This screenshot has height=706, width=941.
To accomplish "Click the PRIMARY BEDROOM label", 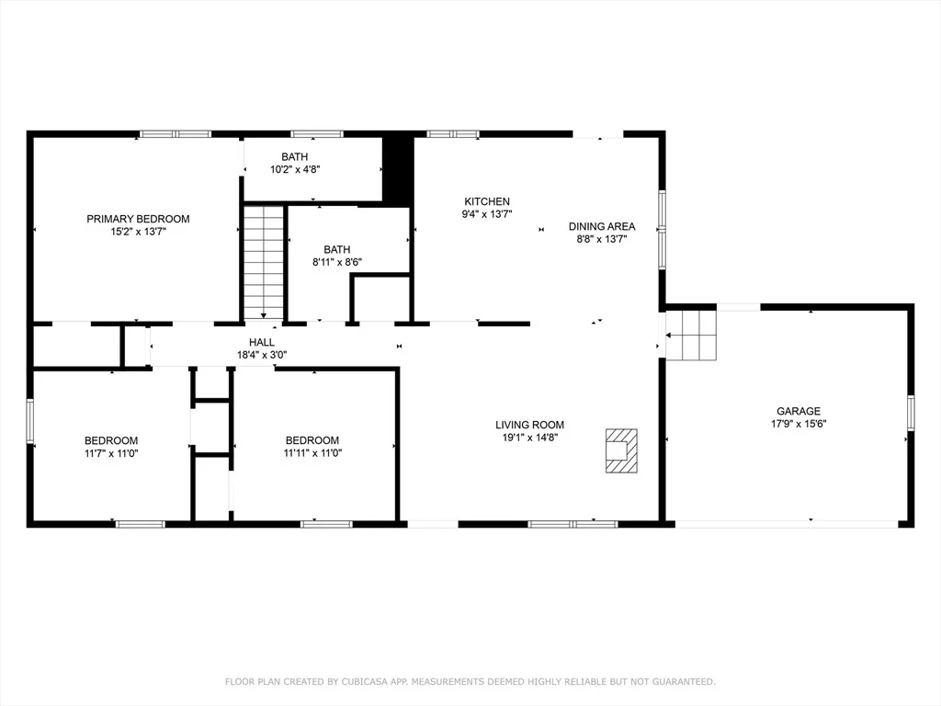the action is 138,219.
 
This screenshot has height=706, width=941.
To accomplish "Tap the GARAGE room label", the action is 799,411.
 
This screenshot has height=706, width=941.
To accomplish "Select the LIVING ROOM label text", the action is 529,425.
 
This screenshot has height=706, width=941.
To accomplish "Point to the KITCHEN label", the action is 487,201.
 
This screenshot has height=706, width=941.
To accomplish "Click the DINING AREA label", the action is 602,226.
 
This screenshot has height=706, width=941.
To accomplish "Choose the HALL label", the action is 262,342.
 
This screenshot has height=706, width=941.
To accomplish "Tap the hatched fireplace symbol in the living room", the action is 621,450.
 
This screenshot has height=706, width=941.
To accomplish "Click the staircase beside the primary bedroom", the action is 264,262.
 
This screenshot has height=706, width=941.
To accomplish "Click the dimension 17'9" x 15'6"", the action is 799,424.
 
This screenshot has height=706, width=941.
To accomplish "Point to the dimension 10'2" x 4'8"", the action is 295,169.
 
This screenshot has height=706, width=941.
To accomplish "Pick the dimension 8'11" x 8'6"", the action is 336,262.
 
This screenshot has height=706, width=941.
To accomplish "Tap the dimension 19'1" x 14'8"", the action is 530,438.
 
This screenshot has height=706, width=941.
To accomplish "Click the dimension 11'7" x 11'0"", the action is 111,453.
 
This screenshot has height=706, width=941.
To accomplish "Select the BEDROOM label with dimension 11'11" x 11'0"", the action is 312,440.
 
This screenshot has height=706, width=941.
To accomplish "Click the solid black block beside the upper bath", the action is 397,168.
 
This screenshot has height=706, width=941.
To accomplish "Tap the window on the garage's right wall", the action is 911,413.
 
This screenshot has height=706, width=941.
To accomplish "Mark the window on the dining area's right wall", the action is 662,229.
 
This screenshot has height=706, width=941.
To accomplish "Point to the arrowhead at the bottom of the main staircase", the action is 264,316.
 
